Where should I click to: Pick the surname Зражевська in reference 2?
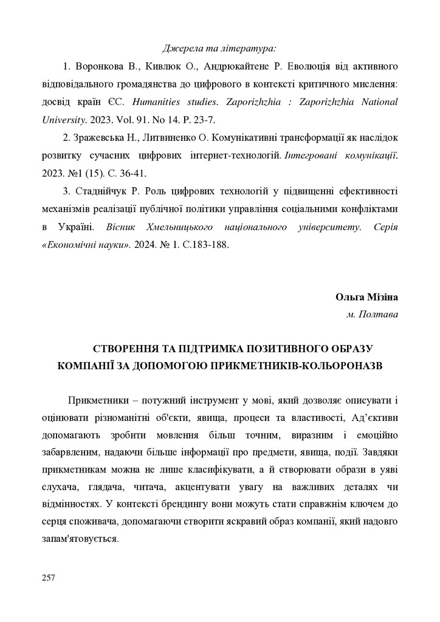(x=102, y=138)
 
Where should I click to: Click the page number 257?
(x=49, y=577)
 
